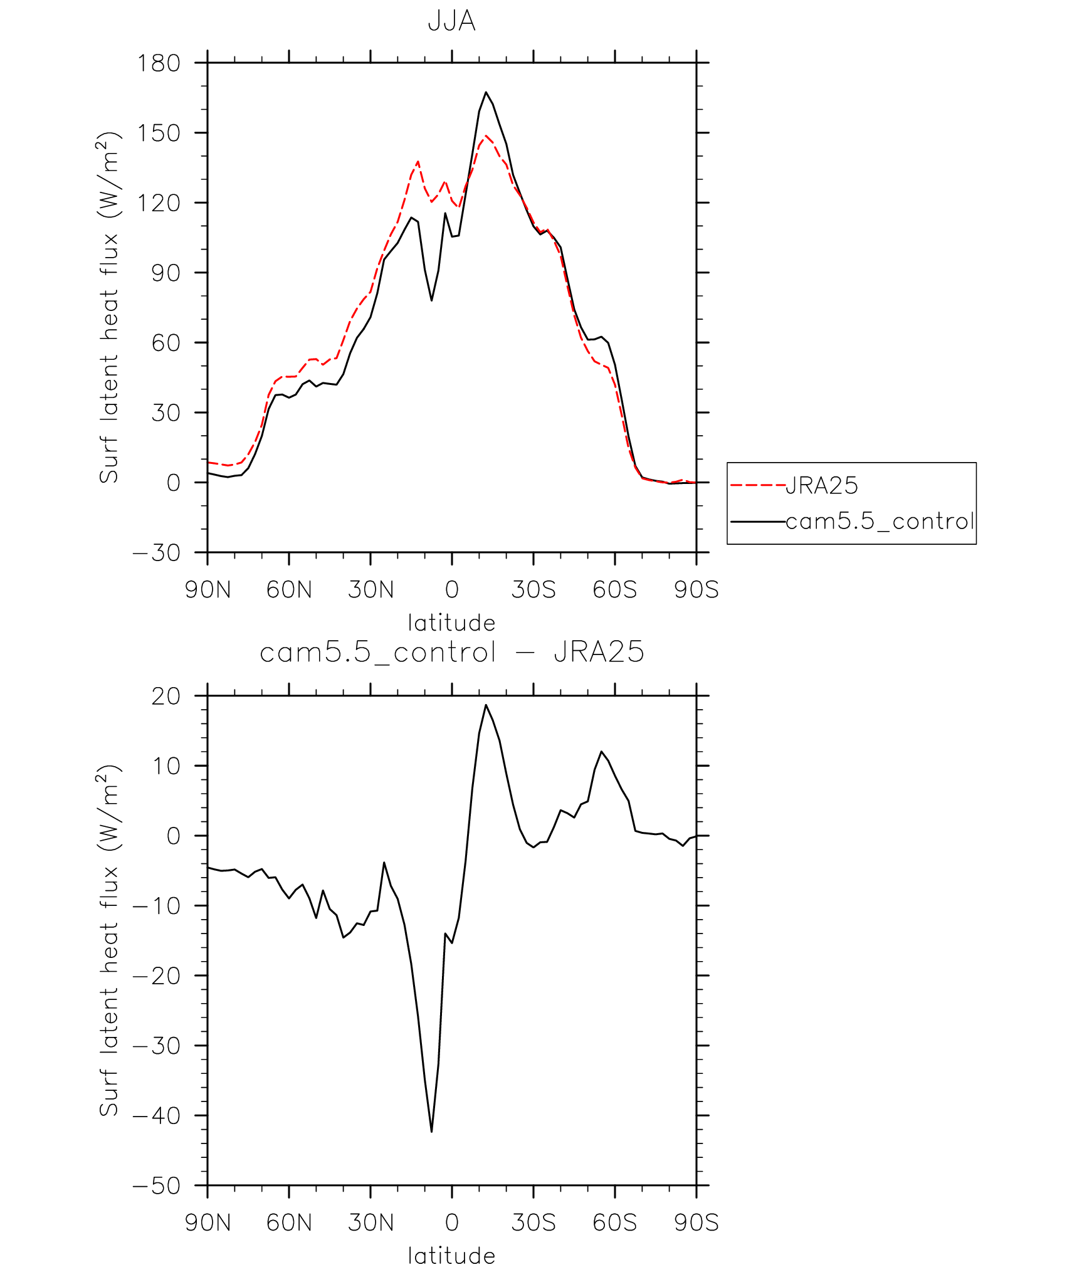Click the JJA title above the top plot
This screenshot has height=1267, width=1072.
(x=451, y=21)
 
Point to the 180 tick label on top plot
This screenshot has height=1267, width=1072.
(x=159, y=63)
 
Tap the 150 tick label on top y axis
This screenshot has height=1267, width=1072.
(x=159, y=133)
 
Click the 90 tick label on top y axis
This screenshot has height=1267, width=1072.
(x=166, y=273)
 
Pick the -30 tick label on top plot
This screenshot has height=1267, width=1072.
(x=157, y=553)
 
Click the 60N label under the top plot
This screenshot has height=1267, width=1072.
(x=289, y=590)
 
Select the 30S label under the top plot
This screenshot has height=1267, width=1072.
(x=533, y=590)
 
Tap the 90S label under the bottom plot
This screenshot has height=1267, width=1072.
(x=696, y=1223)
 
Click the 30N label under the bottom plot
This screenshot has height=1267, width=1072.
(x=370, y=1223)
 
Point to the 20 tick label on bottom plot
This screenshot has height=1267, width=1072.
(x=166, y=697)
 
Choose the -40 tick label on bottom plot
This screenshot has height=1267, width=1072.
(x=157, y=1116)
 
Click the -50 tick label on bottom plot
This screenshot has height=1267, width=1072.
(x=157, y=1186)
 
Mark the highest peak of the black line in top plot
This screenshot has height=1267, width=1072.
(x=486, y=92)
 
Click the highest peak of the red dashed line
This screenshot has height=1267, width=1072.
(x=486, y=135)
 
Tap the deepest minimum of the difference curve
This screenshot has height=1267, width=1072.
(x=432, y=1132)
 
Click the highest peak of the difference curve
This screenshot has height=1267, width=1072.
(x=486, y=705)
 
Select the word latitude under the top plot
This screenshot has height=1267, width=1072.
(x=451, y=623)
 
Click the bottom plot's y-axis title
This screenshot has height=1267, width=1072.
(x=108, y=940)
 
